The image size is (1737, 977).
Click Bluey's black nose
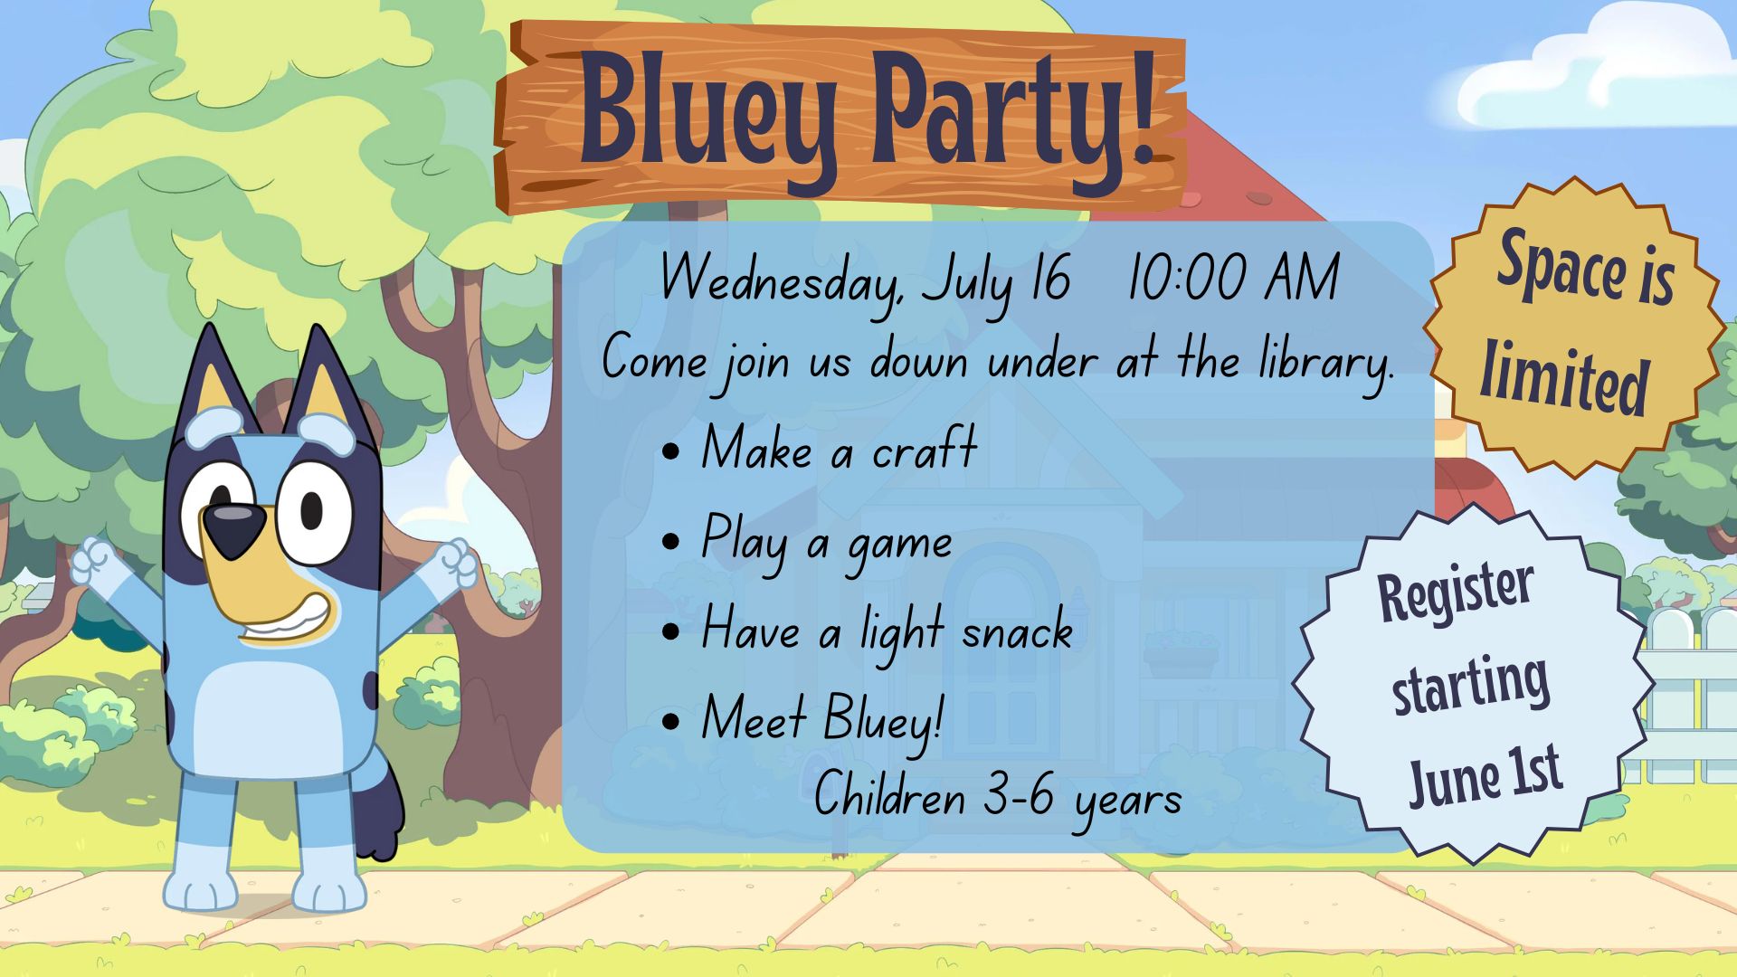pyautogui.click(x=233, y=528)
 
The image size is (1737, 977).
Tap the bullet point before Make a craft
pyautogui.click(x=671, y=451)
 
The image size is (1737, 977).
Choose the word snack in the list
pyautogui.click(x=1018, y=631)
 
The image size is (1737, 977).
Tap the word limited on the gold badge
pyautogui.click(x=1563, y=378)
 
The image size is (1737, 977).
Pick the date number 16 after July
pyautogui.click(x=1050, y=278)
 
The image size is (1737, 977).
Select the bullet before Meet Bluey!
pyautogui.click(x=671, y=721)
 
